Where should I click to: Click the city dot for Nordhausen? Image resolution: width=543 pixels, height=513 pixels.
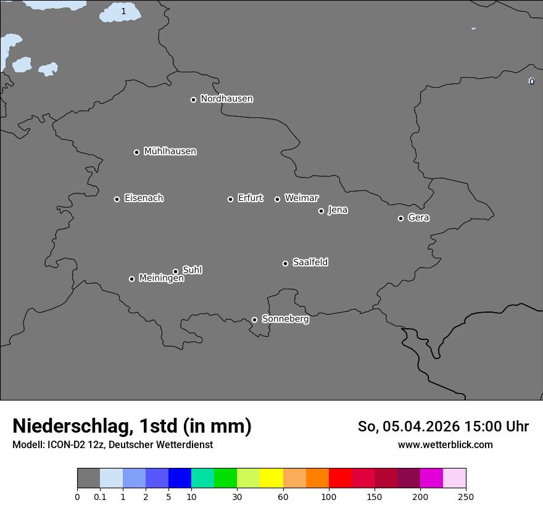pyautogui.click(x=193, y=100)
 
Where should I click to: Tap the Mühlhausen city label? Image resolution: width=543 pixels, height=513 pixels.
pyautogui.click(x=170, y=151)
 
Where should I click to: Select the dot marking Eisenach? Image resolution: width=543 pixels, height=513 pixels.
pyautogui.click(x=117, y=199)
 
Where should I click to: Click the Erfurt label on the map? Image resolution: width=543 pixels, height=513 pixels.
pyautogui.click(x=250, y=198)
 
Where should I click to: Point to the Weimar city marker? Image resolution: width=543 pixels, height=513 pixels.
pyautogui.click(x=277, y=199)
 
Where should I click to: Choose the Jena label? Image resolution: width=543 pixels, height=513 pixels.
pyautogui.click(x=338, y=210)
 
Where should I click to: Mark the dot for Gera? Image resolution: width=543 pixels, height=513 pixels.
pyautogui.click(x=400, y=218)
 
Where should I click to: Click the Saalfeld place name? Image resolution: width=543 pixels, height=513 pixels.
pyautogui.click(x=310, y=263)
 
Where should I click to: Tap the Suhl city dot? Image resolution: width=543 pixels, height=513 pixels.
pyautogui.click(x=175, y=271)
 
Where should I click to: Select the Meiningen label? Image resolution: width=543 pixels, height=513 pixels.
pyautogui.click(x=161, y=279)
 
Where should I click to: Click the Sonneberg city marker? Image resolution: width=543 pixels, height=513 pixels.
pyautogui.click(x=254, y=320)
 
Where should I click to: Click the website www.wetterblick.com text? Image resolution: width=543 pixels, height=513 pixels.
pyautogui.click(x=445, y=445)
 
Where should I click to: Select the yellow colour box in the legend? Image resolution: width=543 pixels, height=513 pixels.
pyautogui.click(x=271, y=478)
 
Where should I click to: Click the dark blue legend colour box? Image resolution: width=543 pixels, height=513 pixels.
pyautogui.click(x=180, y=478)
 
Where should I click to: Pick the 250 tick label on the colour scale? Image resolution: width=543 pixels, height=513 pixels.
pyautogui.click(x=466, y=497)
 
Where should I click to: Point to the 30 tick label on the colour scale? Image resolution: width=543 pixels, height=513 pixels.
pyautogui.click(x=237, y=497)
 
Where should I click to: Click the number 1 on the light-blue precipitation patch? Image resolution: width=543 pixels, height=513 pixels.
pyautogui.click(x=123, y=11)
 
